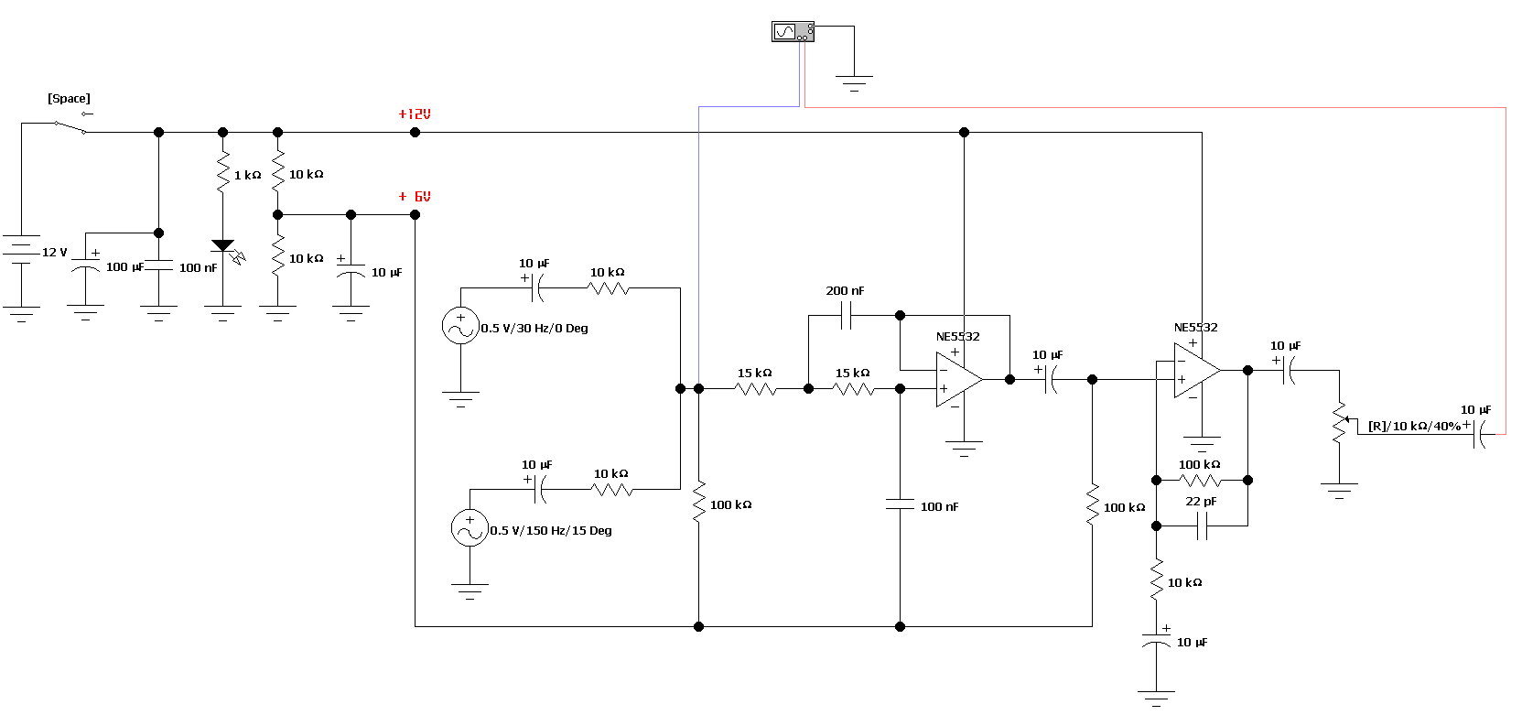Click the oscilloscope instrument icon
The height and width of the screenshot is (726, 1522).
793,32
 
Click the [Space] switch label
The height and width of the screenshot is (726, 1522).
69,99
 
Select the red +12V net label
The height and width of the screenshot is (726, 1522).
414,114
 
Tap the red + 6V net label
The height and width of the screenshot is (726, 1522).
415,197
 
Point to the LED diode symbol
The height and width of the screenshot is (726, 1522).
223,247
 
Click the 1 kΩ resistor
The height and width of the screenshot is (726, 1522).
223,173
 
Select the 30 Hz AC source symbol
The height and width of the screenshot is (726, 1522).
460,326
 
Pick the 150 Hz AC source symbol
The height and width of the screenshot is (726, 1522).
470,528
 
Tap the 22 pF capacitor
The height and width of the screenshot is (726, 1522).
1203,526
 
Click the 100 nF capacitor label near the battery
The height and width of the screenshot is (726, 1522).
198,268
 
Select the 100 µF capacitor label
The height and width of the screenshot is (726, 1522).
124,267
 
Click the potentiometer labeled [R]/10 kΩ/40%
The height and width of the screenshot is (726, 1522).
1339,423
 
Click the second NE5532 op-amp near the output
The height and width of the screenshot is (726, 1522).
1196,370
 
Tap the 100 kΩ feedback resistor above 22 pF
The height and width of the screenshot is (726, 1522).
1200,480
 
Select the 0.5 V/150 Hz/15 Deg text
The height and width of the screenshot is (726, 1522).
551,531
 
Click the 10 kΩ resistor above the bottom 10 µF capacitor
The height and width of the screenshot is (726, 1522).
1157,580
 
